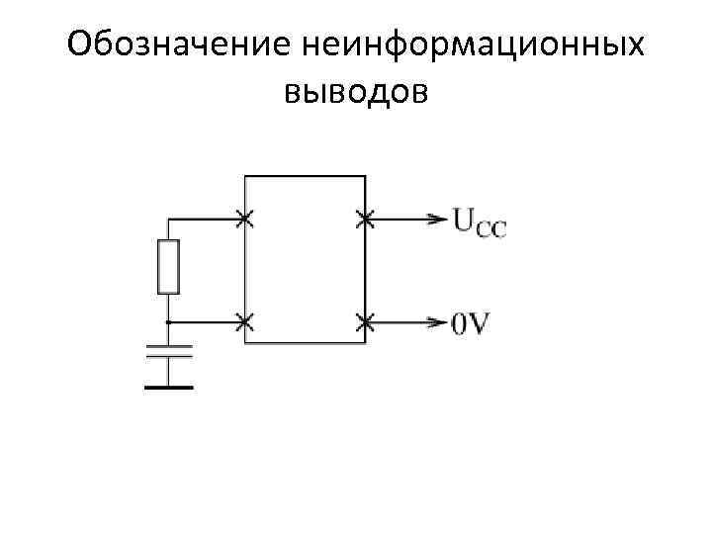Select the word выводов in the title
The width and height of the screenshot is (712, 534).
point(356,92)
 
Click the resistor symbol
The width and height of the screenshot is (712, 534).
point(169,266)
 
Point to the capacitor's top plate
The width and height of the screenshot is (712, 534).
point(169,346)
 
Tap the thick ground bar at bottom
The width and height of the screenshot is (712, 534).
point(169,387)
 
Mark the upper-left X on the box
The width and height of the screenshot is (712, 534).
point(244,219)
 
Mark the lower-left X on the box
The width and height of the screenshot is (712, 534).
point(244,321)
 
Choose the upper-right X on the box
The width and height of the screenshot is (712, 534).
point(365,219)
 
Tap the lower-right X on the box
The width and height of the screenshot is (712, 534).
point(365,321)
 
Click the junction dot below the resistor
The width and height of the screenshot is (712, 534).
point(169,321)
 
